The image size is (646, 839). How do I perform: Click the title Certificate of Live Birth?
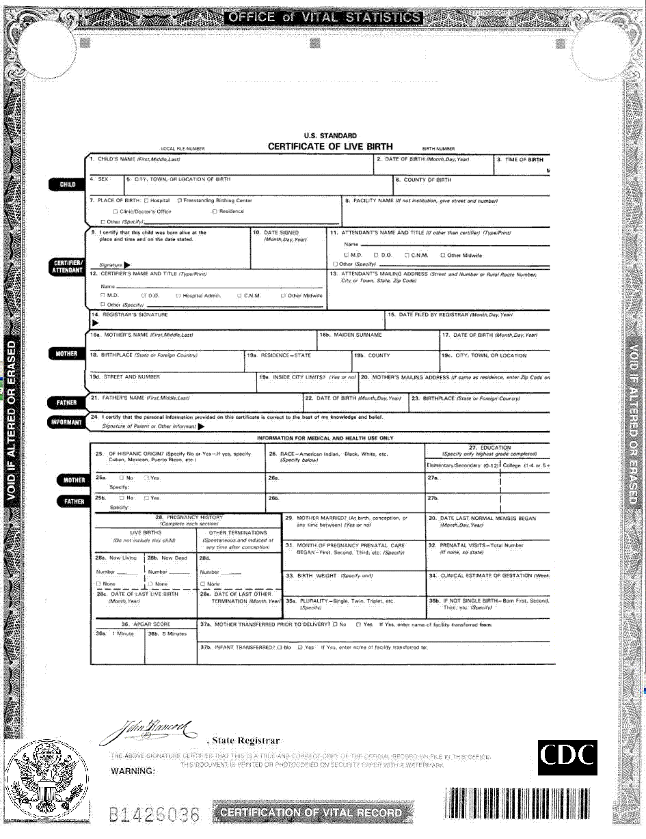[330, 146]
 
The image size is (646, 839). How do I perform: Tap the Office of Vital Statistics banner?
[323, 18]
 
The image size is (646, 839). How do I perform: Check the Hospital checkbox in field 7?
[147, 201]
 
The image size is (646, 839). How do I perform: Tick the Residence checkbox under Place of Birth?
[215, 212]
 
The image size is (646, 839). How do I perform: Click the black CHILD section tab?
[68, 184]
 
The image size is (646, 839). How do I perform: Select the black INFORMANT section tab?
[66, 422]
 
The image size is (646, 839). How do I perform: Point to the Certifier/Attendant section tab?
[67, 266]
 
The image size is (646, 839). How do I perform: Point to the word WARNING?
[133, 771]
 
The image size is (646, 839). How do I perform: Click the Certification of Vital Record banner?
[311, 812]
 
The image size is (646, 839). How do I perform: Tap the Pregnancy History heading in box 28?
[189, 518]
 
